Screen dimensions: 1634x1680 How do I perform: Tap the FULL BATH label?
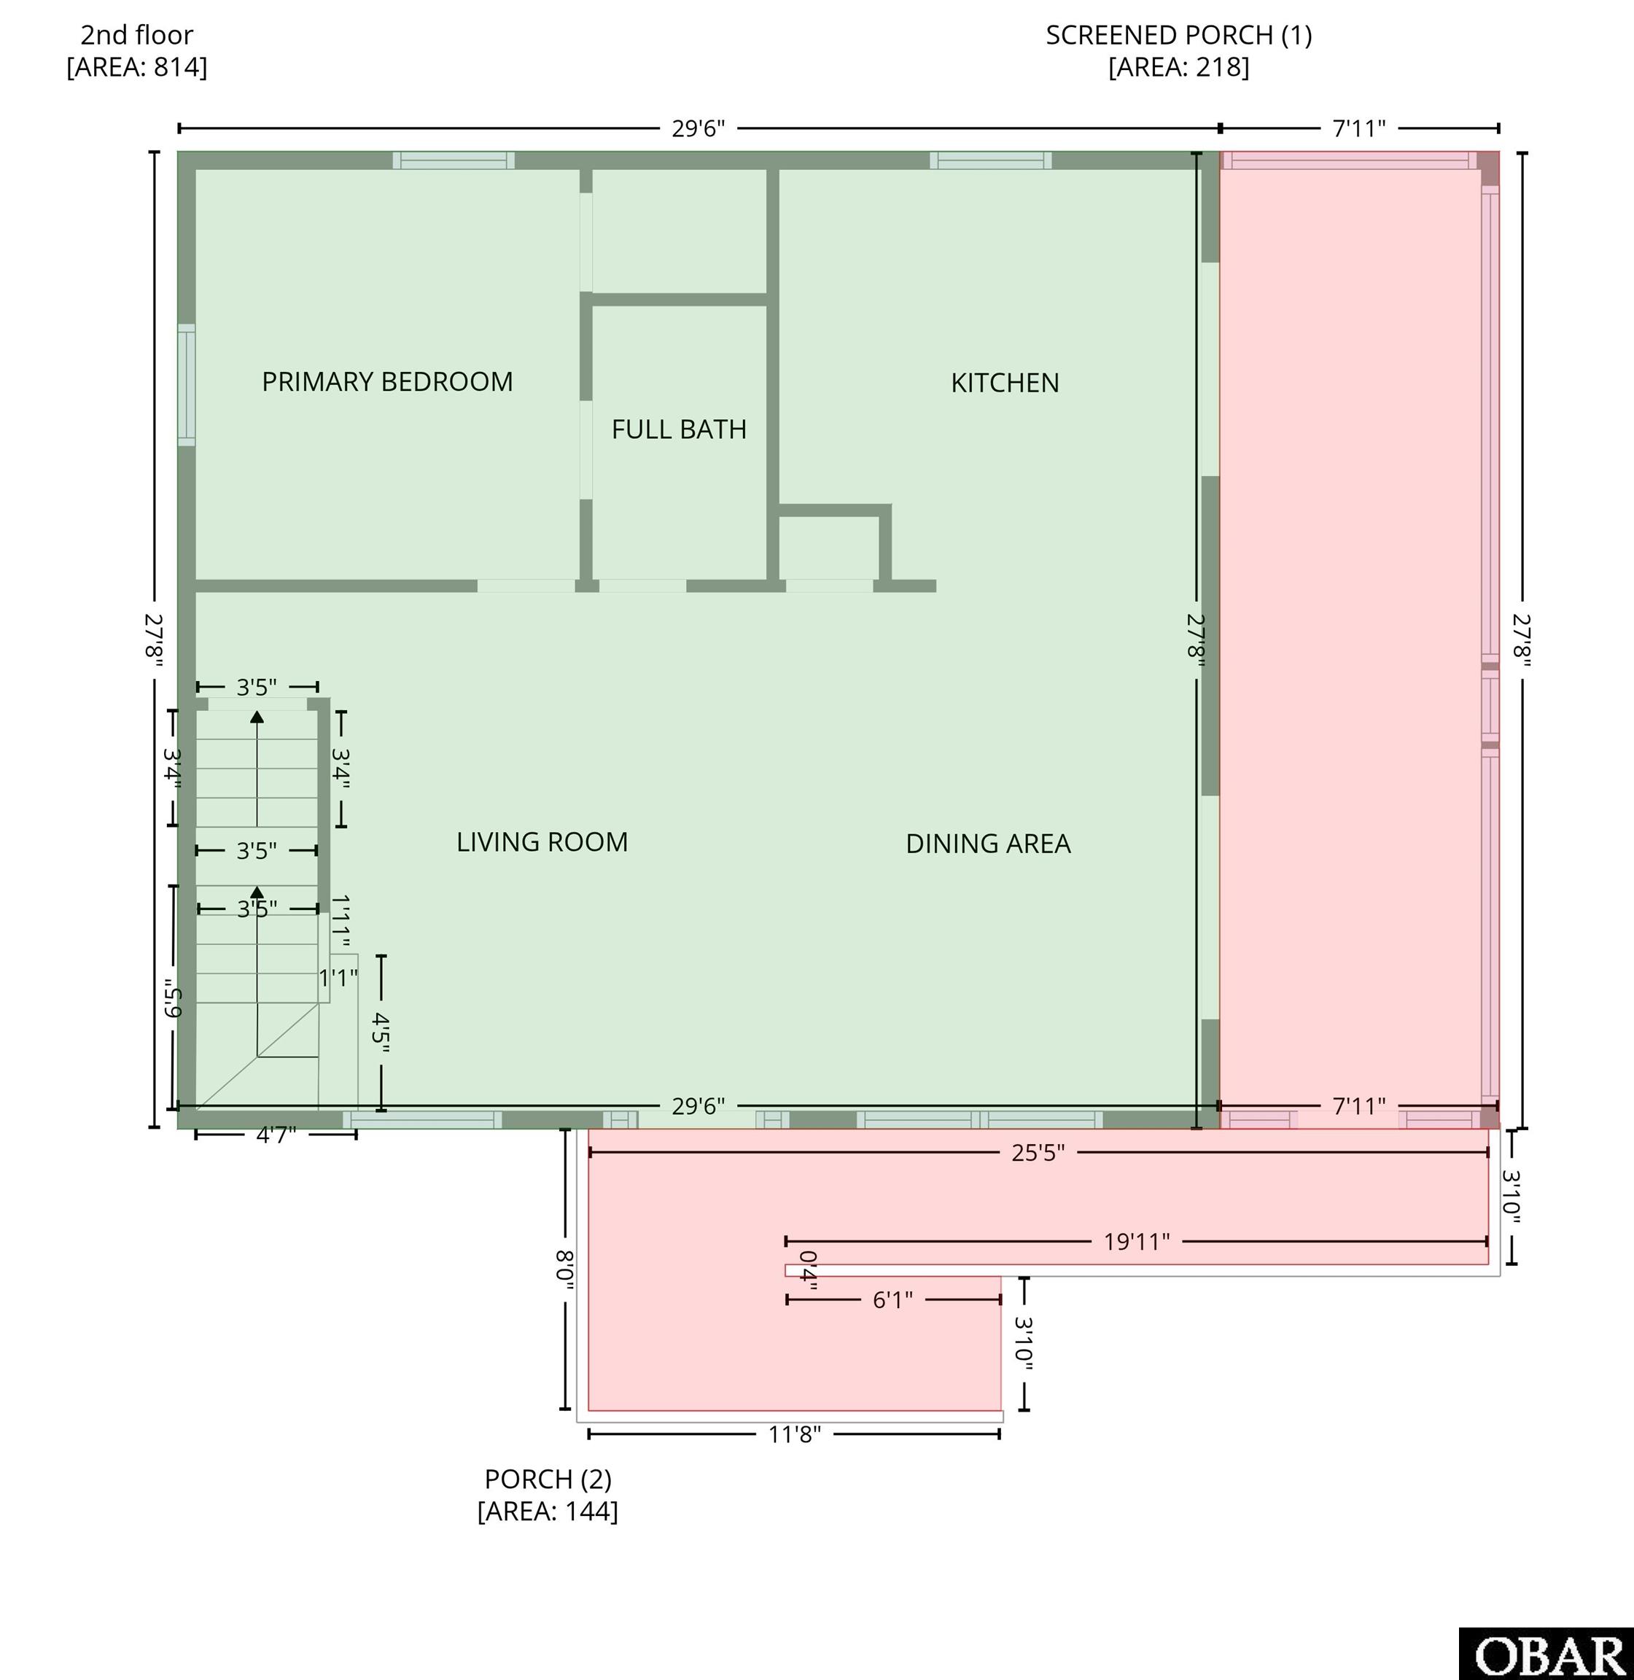coord(679,429)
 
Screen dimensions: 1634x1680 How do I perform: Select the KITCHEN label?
coord(1005,383)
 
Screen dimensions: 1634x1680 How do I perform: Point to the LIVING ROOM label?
coord(542,841)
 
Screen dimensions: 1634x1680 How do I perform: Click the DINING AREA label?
coord(989,844)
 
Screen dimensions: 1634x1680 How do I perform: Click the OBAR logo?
coord(1547,1654)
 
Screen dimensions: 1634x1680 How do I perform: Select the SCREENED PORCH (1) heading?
coord(1178,35)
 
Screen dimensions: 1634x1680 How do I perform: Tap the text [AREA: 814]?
coord(137,67)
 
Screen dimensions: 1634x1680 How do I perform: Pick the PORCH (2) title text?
coord(548,1479)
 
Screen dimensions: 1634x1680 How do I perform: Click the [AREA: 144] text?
coord(548,1511)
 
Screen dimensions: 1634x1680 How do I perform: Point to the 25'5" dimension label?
coord(1038,1153)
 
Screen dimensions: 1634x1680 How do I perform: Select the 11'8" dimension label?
coord(795,1434)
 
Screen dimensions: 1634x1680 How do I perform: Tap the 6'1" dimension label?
coord(892,1300)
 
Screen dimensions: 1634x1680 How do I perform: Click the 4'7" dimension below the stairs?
coord(276,1135)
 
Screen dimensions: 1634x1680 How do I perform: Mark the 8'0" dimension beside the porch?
coord(564,1269)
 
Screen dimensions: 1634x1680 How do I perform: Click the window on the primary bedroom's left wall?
coord(186,385)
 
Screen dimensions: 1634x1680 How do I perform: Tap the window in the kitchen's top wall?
coord(990,160)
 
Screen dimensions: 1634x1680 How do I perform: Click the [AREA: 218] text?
coord(1178,67)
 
